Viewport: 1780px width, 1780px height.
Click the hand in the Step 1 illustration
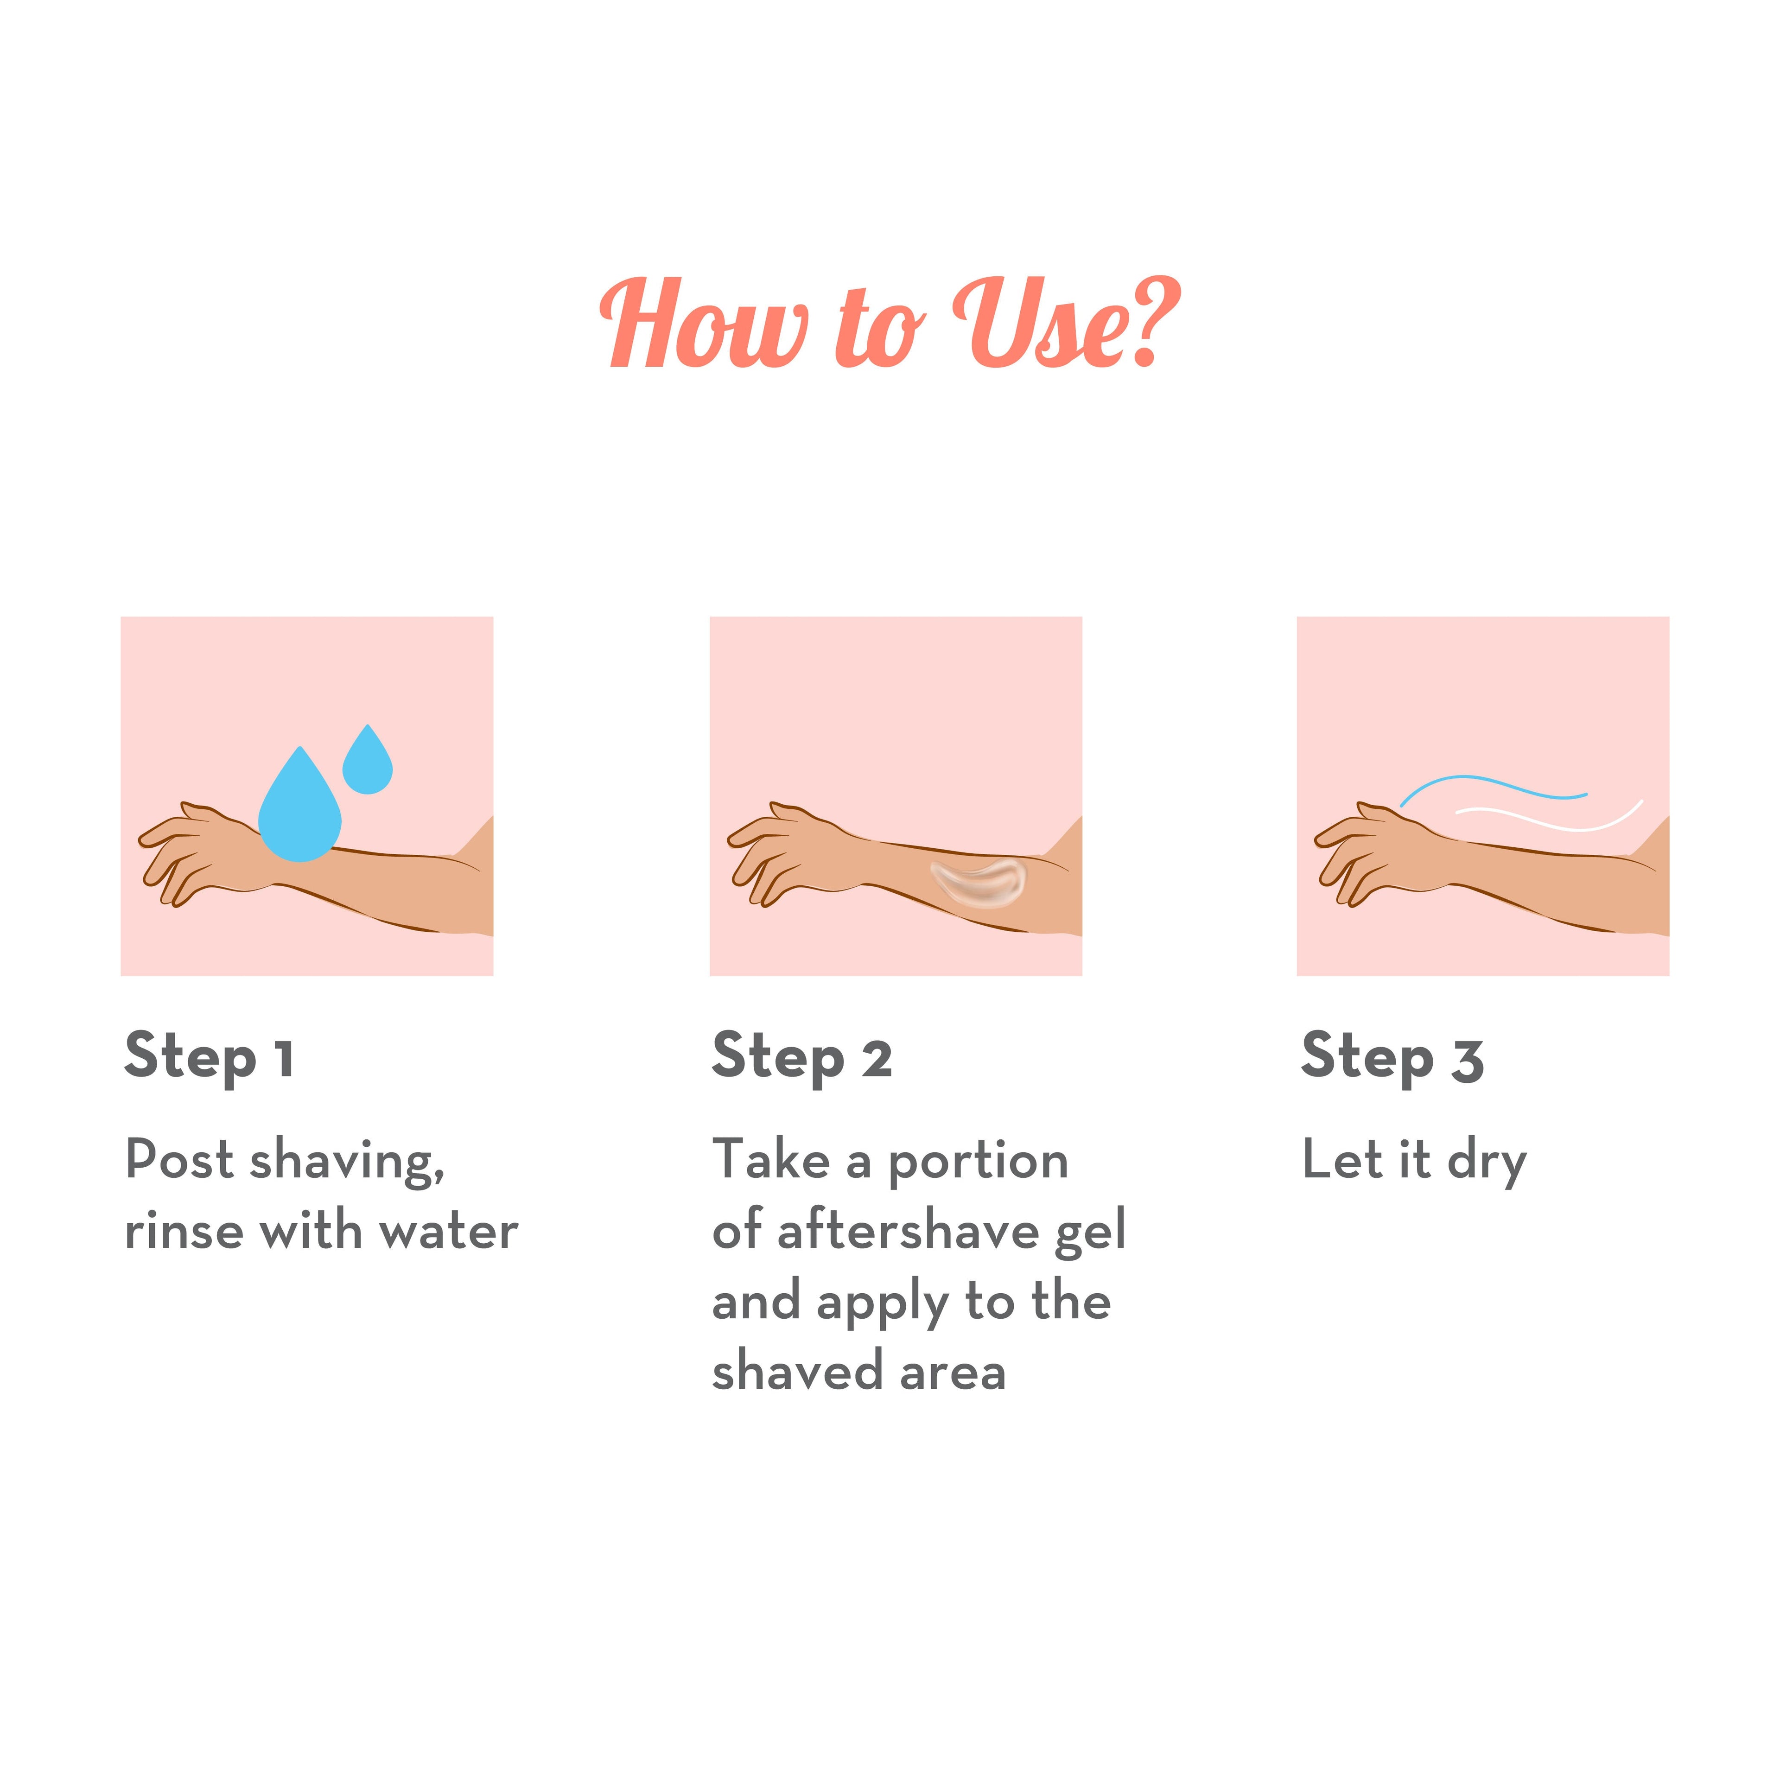[x=203, y=852]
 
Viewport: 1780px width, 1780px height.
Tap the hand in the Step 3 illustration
[x=1379, y=852]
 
